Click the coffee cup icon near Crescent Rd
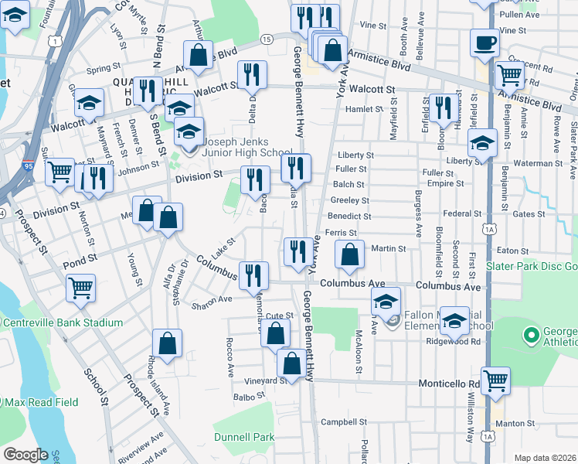click(x=484, y=43)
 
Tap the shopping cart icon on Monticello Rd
click(x=495, y=380)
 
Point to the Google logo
click(x=25, y=455)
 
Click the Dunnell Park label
click(x=244, y=437)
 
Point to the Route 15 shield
click(x=266, y=39)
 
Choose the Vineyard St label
click(x=266, y=380)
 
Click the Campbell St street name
click(x=342, y=422)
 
